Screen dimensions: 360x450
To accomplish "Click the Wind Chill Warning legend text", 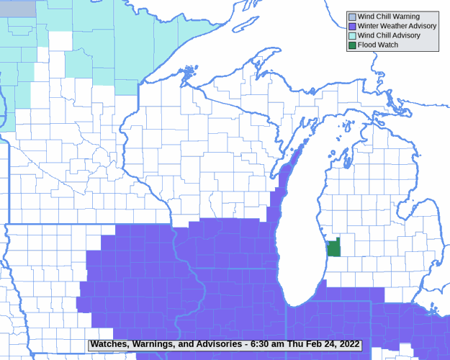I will click(388, 17).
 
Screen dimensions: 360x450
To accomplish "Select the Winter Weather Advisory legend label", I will click(397, 26).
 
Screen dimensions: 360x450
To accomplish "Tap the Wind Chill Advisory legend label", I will click(389, 35).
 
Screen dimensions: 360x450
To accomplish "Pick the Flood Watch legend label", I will click(377, 45).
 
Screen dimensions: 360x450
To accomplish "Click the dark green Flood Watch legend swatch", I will click(351, 45).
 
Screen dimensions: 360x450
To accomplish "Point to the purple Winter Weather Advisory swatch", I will click(351, 26).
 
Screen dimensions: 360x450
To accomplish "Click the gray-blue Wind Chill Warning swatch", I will click(351, 17).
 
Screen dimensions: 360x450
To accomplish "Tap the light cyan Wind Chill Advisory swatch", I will click(351, 35).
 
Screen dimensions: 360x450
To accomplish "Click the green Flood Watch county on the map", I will click(334, 249).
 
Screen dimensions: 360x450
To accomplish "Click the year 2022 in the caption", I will click(348, 344).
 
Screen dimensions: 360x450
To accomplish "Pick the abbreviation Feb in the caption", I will click(312, 344).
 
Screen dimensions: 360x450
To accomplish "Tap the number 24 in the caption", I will click(328, 344).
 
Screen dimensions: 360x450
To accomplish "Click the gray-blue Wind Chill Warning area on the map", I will click(17, 8).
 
